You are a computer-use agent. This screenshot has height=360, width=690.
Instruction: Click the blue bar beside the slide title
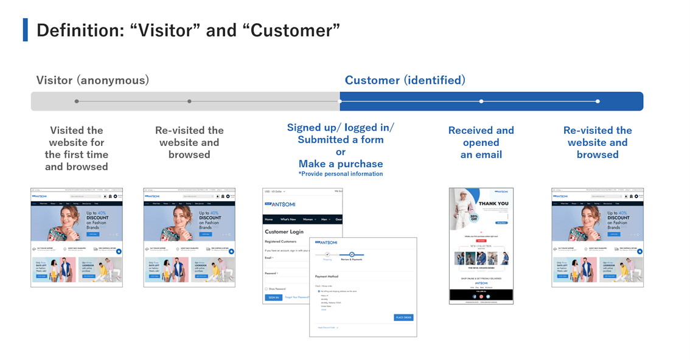[x=25, y=30]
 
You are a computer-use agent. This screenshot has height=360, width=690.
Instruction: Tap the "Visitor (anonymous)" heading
[x=92, y=80]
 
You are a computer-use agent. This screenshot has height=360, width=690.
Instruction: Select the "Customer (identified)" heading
[x=405, y=80]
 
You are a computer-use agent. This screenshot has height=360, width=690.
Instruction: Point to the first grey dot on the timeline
[x=77, y=101]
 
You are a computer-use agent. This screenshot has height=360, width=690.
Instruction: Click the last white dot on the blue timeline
[x=598, y=101]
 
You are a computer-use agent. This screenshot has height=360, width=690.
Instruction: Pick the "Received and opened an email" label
[x=481, y=142]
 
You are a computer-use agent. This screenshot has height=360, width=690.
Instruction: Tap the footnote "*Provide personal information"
[x=340, y=174]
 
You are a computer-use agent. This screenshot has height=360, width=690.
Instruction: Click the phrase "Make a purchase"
[x=340, y=164]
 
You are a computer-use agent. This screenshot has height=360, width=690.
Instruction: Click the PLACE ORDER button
[x=403, y=317]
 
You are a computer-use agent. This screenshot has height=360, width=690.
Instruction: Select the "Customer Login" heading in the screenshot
[x=284, y=232]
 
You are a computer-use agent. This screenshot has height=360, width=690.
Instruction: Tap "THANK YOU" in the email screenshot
[x=493, y=204]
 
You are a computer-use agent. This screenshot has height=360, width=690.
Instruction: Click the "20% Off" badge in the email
[x=474, y=217]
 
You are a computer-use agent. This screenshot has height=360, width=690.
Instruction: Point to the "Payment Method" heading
[x=326, y=277]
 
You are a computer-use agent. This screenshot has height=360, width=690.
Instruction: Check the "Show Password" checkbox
[x=266, y=288]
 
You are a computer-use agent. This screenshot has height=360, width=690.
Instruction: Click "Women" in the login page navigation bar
[x=308, y=219]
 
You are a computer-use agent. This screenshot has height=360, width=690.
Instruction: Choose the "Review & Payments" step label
[x=352, y=260]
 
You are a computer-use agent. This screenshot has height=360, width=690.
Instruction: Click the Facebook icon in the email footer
[x=475, y=296]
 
